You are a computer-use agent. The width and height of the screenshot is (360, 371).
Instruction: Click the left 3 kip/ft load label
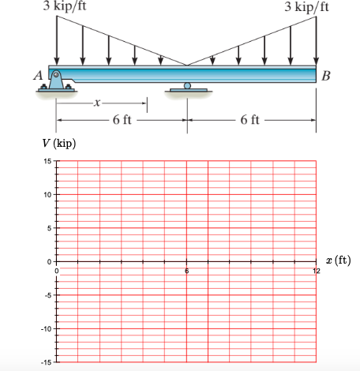[x=65, y=6]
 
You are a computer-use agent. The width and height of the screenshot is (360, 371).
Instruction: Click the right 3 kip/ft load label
[x=306, y=6]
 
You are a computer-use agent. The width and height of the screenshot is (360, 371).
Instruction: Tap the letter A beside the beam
[x=39, y=75]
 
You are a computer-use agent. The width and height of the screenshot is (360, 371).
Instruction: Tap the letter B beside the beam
[x=326, y=76]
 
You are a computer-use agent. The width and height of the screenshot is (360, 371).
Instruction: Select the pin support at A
[x=56, y=81]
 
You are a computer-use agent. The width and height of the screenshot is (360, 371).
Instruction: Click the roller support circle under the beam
[x=187, y=86]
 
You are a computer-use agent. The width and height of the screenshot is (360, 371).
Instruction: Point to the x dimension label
[x=97, y=103]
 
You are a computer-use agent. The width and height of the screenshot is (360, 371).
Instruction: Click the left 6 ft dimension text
[x=122, y=120]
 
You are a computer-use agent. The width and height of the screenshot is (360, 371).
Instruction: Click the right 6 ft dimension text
[x=249, y=120]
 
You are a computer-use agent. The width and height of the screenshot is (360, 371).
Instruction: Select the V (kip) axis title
[x=59, y=144]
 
